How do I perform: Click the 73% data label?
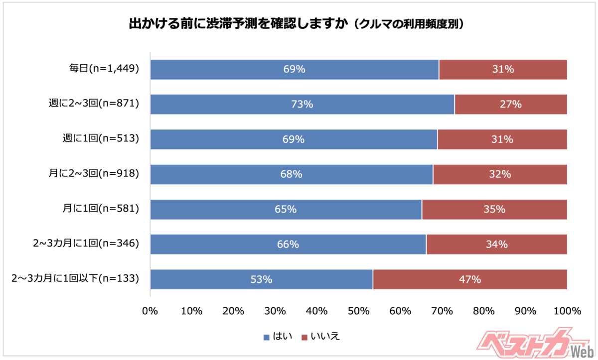[x=302, y=105]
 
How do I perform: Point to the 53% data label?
[x=261, y=280]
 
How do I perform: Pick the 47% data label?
[x=470, y=280]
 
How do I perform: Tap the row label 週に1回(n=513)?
[x=98, y=139]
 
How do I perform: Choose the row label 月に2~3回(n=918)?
[x=91, y=174]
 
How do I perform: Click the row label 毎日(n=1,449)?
[x=104, y=69]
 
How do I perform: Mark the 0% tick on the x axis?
[x=150, y=311]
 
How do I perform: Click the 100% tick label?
[x=567, y=311]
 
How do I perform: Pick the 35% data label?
[x=494, y=210]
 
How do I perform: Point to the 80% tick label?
[x=483, y=311]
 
